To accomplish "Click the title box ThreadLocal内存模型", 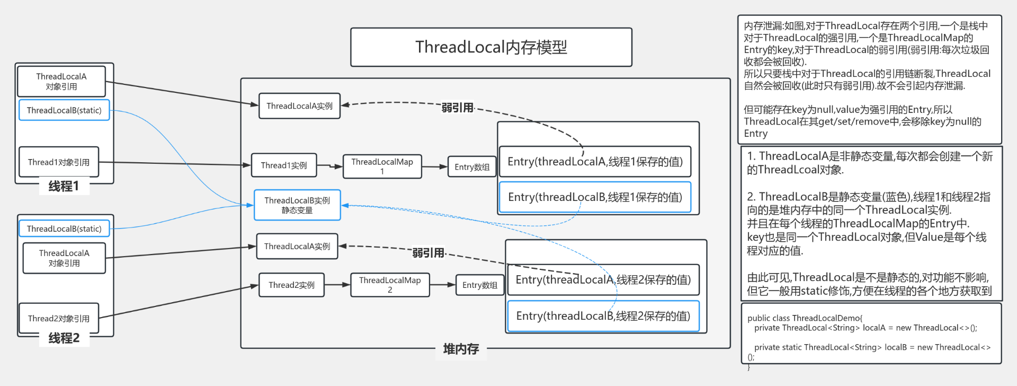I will [x=491, y=47].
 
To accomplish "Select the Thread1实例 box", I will [x=284, y=165].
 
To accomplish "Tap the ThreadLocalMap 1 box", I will [x=382, y=166].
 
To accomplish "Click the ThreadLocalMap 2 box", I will [x=390, y=285].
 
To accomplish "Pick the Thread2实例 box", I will [x=291, y=285].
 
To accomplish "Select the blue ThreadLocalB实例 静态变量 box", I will [x=297, y=205].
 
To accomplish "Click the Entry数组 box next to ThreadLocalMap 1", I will [x=472, y=167].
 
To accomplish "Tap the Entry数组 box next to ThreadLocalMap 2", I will [x=480, y=285].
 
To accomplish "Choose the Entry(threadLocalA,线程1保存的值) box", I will [x=595, y=162].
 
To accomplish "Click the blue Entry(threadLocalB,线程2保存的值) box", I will [x=603, y=316].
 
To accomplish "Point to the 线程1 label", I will [x=64, y=186].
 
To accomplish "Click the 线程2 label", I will [x=64, y=338].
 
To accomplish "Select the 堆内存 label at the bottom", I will [x=461, y=349].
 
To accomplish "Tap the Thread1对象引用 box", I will [x=59, y=162].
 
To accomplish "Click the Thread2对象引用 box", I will [x=59, y=318].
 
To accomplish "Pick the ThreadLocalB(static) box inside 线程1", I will [x=64, y=110].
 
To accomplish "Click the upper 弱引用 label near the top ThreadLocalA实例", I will [x=458, y=108].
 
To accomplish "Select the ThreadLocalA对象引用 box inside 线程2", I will [x=64, y=258].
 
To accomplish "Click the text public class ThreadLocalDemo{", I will [x=805, y=318].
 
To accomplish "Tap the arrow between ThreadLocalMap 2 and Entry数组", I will [x=443, y=285].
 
